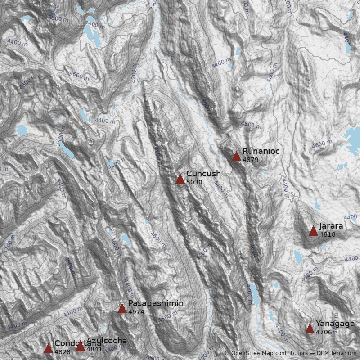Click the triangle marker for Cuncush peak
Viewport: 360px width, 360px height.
[180, 179]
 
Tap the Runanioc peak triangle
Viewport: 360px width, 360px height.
[236, 157]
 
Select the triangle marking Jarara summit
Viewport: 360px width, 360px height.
[313, 231]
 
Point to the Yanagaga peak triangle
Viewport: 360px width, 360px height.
[310, 329]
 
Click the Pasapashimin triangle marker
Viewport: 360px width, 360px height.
[122, 309]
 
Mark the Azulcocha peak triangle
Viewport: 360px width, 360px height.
[80, 346]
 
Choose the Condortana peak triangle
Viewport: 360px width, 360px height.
[48, 349]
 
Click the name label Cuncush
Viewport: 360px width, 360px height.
[203, 174]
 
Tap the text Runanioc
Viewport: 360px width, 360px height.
[261, 151]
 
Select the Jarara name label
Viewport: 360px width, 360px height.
[331, 226]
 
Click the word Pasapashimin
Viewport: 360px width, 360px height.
[156, 303]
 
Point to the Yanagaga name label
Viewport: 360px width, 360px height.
[335, 324]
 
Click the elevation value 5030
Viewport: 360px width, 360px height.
[194, 183]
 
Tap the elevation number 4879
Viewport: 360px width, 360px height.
[251, 160]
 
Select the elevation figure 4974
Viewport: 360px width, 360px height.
[136, 312]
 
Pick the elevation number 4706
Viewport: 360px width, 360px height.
[324, 333]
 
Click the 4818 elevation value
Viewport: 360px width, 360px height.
[328, 234]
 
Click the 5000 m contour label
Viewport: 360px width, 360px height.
[58, 18]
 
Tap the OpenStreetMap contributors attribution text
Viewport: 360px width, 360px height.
[265, 354]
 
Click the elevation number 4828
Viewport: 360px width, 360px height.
[63, 352]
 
